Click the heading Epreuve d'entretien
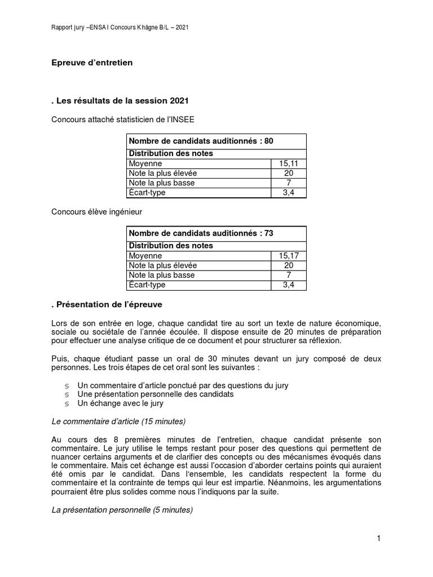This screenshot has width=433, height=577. coord(92,63)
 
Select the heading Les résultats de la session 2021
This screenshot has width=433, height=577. coord(120,101)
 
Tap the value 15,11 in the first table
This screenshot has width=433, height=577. coord(288,163)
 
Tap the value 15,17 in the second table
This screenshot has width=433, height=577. coord(288,256)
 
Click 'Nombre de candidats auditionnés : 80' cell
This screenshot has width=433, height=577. coord(201,141)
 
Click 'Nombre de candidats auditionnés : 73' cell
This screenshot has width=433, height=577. coord(201,233)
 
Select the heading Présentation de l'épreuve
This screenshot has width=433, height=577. coord(107,304)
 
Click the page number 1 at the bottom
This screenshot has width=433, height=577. coord(379,539)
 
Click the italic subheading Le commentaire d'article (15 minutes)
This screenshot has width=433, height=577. coord(118,421)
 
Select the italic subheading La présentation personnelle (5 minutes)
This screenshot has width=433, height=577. coord(122,511)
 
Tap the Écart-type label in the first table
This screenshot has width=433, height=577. coord(147,193)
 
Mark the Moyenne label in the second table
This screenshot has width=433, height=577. coord(145,256)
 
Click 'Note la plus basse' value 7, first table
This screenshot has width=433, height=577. coord(288,183)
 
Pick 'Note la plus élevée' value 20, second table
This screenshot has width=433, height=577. coord(288,265)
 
